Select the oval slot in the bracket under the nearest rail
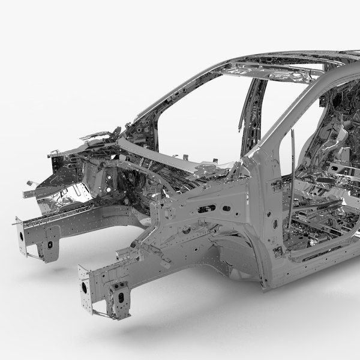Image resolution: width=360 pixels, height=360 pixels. tap(122, 297)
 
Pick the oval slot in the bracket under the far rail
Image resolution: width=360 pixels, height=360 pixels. tap(50, 244)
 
